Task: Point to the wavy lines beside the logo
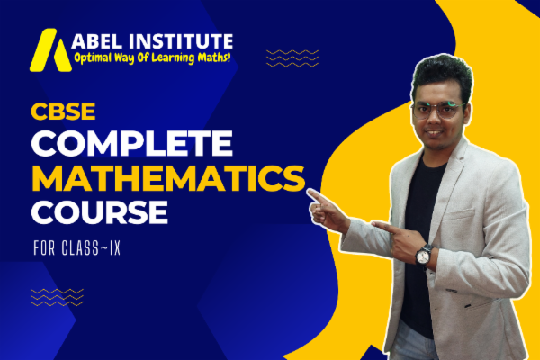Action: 292,58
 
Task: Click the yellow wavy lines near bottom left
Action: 57,296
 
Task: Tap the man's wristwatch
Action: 424,254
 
